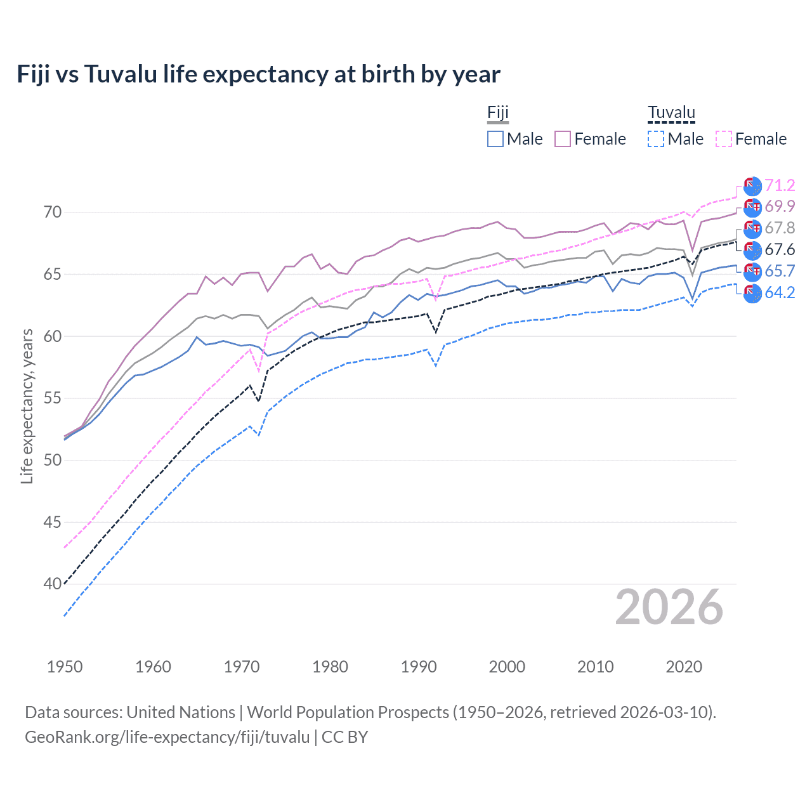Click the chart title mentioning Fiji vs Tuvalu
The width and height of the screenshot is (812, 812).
(x=258, y=74)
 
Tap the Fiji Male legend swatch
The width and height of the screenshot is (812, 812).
(x=495, y=139)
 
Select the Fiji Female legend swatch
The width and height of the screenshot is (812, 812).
(x=563, y=139)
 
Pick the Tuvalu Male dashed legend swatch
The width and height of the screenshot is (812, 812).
(x=656, y=139)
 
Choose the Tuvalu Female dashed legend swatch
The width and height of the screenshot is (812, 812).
(x=724, y=139)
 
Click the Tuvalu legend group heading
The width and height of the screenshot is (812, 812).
(x=671, y=113)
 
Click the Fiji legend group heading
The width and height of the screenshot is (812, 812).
(x=498, y=113)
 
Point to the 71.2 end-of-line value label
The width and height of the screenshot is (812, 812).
(x=780, y=185)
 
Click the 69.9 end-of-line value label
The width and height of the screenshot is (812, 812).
(x=780, y=206)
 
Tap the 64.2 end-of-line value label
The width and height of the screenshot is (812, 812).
(x=780, y=292)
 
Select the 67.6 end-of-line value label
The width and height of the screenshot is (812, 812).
(x=780, y=249)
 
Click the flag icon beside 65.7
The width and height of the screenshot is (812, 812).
(x=752, y=272)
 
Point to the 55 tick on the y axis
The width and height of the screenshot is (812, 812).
(x=53, y=398)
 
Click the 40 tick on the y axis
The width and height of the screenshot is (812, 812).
(x=53, y=584)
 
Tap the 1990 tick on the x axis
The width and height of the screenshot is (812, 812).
(x=419, y=667)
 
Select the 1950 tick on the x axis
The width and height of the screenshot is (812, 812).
(x=65, y=667)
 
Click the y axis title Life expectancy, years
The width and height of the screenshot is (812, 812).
(x=27, y=406)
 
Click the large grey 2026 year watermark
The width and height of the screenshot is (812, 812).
(x=669, y=608)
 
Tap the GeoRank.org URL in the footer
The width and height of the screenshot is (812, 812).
(x=167, y=737)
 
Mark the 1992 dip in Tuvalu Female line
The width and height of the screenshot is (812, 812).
(x=436, y=300)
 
